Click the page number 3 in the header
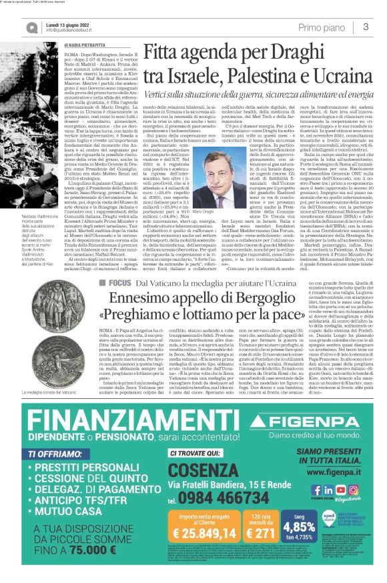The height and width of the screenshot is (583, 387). pos(366,27)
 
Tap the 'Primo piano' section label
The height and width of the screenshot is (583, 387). pos(322,27)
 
